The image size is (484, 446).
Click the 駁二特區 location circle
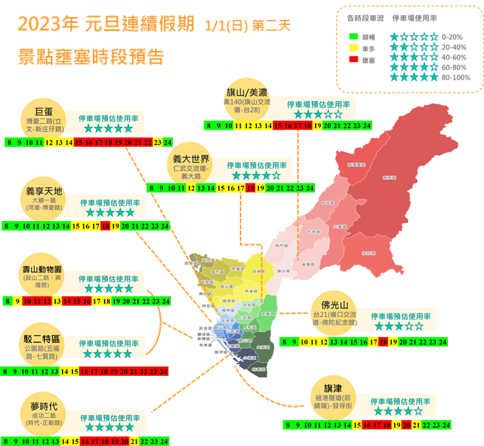(42, 343)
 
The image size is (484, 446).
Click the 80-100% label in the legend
(456, 77)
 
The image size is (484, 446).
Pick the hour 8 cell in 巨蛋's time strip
(8, 142)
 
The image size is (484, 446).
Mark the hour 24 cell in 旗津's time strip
(446, 425)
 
